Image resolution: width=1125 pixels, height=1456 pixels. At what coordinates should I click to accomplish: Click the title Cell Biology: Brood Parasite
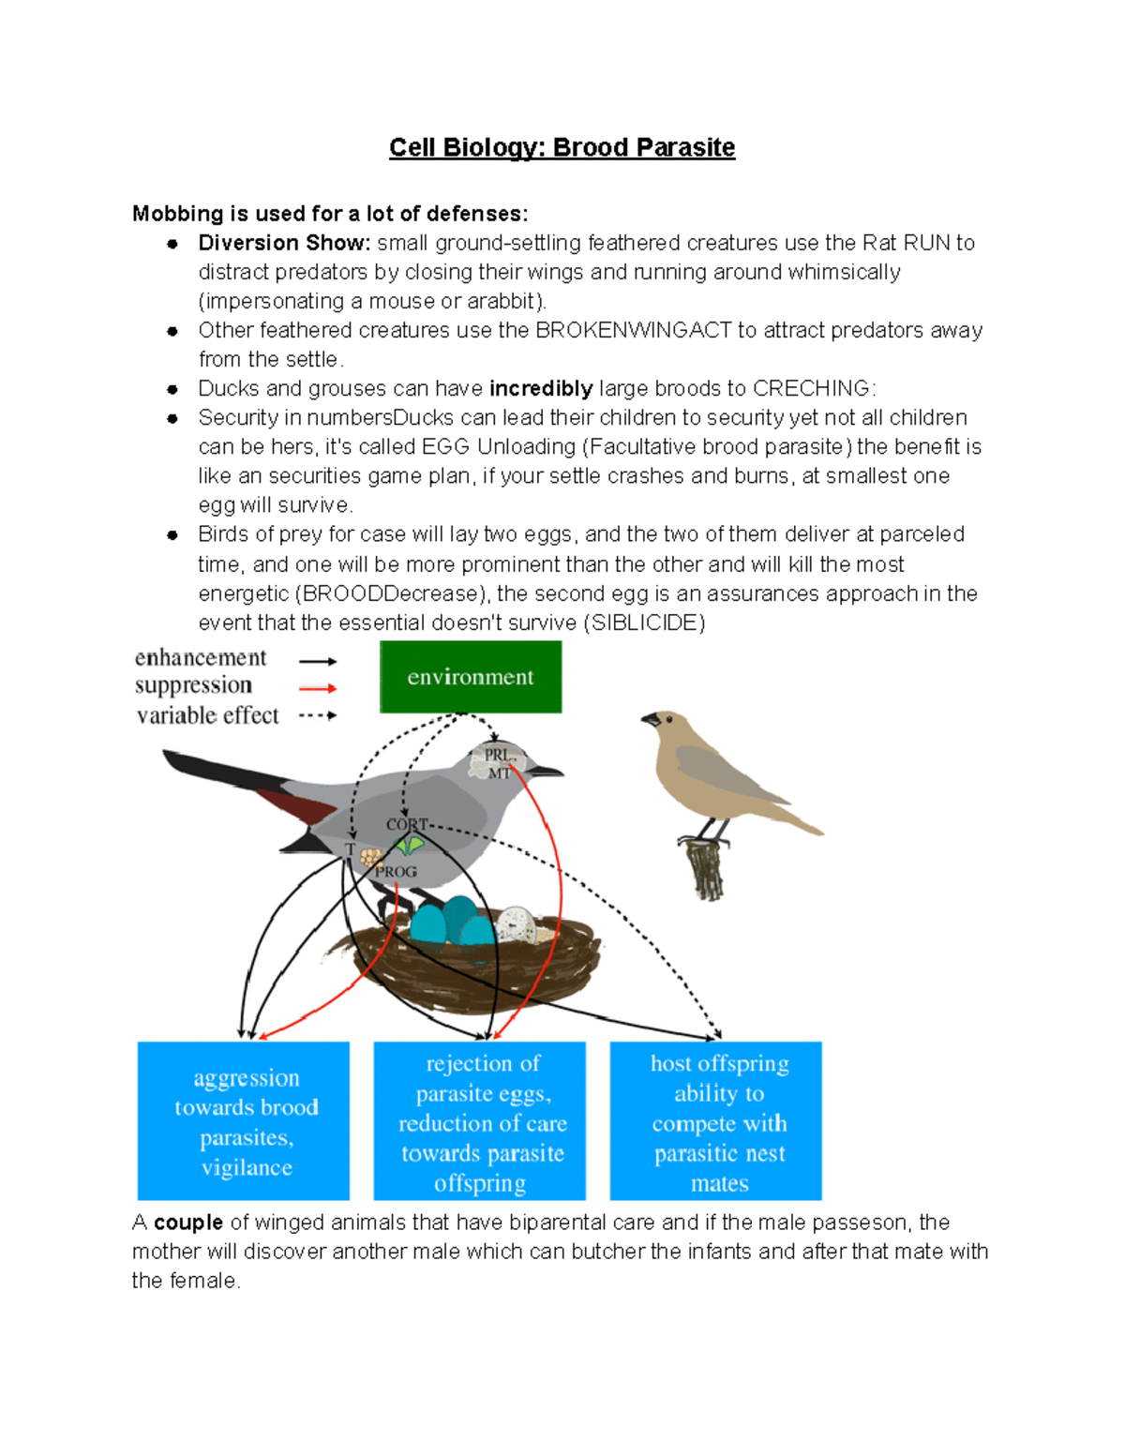pos(562,148)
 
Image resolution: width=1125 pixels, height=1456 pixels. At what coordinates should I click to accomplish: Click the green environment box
pos(471,677)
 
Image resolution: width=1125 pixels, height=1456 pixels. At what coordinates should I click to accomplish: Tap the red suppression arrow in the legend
pos(318,688)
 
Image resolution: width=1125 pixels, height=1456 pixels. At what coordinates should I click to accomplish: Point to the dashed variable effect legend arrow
pos(318,715)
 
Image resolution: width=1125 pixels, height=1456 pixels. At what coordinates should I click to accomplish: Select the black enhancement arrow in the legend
pos(318,661)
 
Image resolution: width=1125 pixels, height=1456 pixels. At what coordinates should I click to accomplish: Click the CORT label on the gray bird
pos(407,824)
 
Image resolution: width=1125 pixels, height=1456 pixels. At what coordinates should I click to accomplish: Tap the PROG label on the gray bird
pos(397,872)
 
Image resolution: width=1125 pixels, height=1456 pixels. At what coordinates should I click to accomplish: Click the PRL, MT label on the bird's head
pos(498,763)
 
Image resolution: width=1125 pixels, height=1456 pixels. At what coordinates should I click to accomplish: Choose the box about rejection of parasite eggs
pos(480,1121)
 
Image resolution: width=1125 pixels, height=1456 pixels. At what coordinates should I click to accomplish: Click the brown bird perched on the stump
pos(722,773)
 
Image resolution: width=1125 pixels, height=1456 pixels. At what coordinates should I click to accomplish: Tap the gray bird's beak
pos(547,772)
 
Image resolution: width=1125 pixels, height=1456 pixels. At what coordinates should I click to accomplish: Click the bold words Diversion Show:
pos(284,243)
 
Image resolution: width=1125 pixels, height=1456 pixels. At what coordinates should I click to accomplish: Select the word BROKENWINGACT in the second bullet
pos(633,330)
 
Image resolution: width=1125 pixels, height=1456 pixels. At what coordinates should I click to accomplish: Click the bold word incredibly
pos(541,388)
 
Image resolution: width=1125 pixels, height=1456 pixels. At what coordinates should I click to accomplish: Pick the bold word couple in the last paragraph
pos(188,1223)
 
